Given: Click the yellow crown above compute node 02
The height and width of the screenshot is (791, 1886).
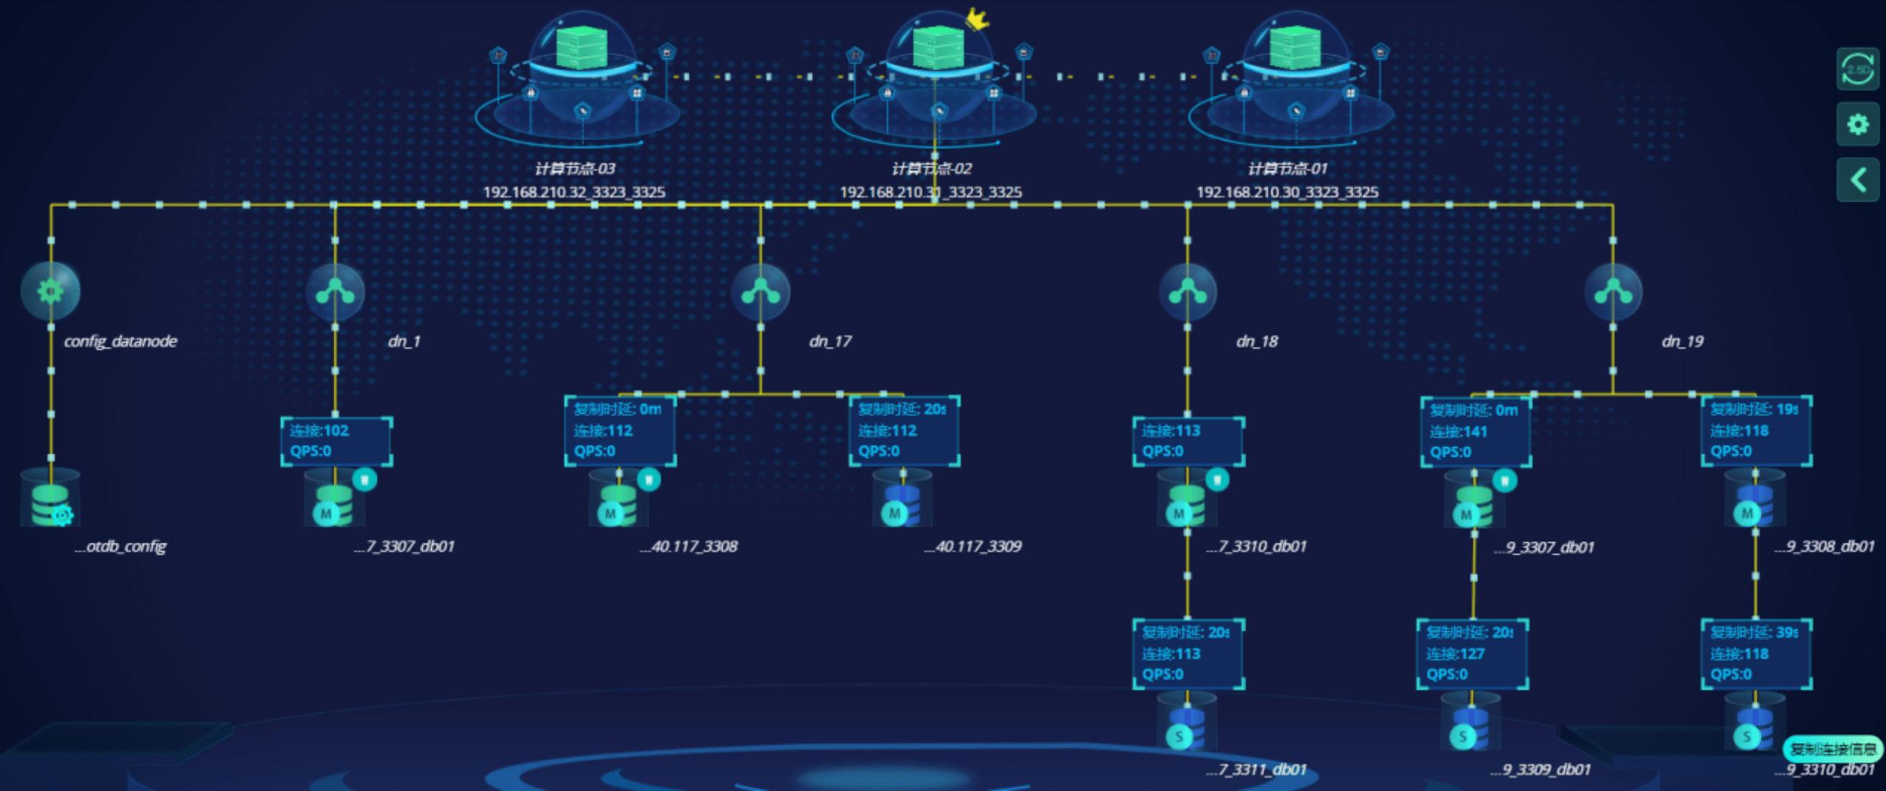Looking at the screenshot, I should point(977,19).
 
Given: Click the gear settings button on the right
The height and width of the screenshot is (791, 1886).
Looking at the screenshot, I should point(1857,124).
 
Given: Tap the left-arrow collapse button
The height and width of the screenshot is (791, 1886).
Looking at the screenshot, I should point(1857,180).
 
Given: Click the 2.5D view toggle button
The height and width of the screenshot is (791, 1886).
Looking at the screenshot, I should point(1857,69).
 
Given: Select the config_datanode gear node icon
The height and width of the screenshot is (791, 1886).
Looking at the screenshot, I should point(50,291).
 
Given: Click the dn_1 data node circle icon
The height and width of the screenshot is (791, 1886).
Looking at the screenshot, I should point(335,292).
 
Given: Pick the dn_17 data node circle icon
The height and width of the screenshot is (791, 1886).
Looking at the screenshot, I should point(761,292).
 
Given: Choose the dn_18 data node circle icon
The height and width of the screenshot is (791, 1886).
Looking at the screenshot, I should point(1188,292).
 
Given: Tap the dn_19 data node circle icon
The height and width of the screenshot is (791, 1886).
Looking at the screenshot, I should point(1613,292).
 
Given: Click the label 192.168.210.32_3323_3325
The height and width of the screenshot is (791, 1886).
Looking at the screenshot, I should point(574,192).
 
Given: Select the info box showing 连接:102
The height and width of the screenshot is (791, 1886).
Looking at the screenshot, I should point(336,441).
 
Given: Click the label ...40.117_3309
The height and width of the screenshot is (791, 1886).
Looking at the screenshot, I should point(973,546).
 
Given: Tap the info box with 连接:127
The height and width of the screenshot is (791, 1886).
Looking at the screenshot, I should point(1472,654).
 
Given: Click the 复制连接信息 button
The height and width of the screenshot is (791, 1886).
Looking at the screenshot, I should point(1833,749).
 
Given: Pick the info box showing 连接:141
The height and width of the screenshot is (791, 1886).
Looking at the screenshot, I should point(1476,432).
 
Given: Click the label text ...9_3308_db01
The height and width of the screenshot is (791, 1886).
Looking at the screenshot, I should point(1824,546).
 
